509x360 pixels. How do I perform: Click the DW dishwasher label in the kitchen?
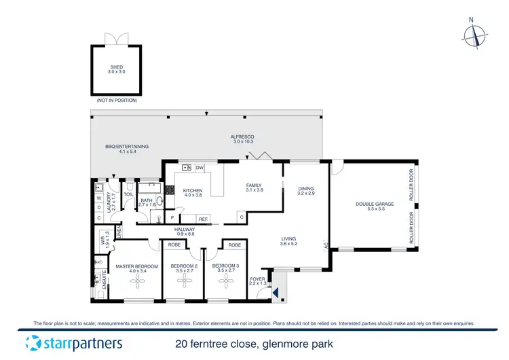(x=200, y=168)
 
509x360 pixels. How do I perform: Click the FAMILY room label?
(x=254, y=185)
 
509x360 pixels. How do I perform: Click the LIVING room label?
(x=290, y=239)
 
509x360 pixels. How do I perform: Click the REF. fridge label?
(x=203, y=219)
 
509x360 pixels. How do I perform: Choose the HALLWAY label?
(x=185, y=230)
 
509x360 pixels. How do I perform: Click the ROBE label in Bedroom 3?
(x=234, y=245)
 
